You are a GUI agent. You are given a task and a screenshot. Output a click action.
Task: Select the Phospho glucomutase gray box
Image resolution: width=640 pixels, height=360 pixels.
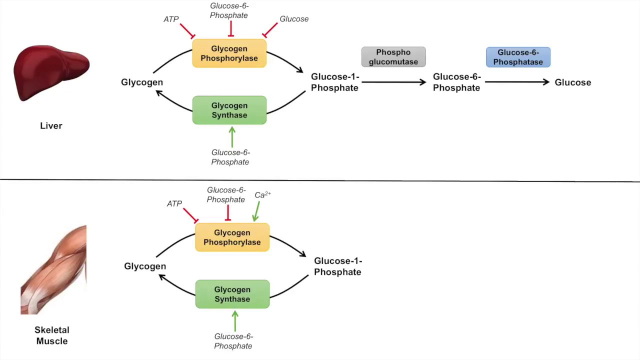pos(393,57)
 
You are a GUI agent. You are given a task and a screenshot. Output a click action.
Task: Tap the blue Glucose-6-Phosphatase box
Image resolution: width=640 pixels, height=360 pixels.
pos(518,57)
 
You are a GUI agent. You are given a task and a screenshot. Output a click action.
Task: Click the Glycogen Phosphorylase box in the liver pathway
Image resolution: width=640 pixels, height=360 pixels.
pos(229,53)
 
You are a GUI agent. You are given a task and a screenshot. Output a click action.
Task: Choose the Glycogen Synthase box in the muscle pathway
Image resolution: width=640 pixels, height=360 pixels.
pos(232,294)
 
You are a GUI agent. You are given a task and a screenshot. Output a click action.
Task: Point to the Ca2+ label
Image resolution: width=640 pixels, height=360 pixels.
pos(262,195)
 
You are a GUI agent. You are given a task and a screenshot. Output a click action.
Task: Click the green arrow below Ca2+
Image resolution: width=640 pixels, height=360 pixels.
pos(256,211)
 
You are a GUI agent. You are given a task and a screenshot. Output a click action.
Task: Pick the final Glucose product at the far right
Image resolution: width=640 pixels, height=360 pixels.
pos(572,82)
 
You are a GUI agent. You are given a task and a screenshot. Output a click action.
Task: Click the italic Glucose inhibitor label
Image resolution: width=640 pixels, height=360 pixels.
pos(294,19)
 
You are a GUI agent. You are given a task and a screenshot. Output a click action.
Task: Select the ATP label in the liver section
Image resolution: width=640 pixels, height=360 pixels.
pos(171,19)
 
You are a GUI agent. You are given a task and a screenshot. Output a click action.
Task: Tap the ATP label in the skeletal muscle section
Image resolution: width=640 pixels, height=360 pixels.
pos(174,203)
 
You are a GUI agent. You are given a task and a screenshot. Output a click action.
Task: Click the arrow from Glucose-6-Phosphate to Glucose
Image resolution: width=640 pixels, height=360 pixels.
pos(516,82)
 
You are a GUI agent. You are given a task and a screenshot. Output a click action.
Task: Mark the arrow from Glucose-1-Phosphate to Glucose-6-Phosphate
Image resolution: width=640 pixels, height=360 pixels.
pos(392,82)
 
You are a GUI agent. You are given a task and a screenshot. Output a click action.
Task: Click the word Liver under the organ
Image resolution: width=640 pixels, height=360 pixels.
pos(51,126)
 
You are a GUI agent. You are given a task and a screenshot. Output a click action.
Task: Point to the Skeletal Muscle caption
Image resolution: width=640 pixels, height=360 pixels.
pos(51,335)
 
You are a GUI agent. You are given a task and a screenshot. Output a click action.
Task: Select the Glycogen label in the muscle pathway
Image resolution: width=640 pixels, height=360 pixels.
pos(145,266)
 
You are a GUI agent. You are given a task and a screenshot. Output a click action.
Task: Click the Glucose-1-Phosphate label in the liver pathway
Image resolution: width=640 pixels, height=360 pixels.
pos(334,82)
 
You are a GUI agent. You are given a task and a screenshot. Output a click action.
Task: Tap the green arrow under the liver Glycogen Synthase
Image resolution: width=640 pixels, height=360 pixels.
pos(232,136)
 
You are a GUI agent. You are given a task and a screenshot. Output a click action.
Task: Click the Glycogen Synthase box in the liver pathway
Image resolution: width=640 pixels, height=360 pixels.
pos(229,110)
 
